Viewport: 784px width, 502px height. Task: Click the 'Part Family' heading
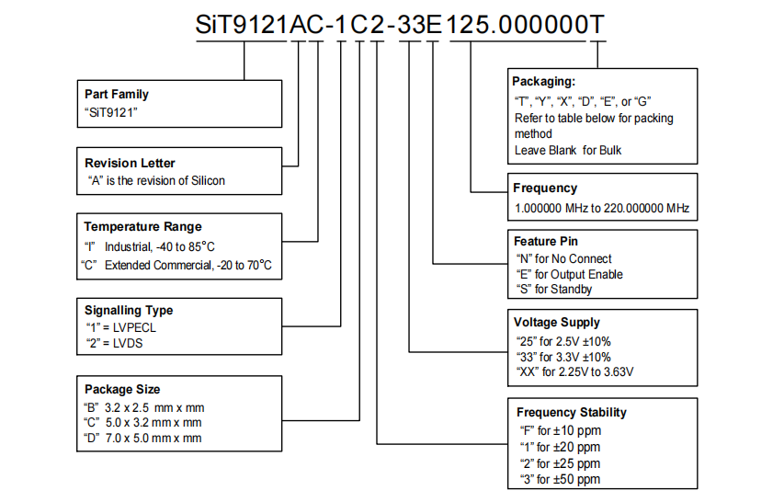(116, 94)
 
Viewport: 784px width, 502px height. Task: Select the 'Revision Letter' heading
(130, 164)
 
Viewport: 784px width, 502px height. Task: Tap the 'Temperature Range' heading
(142, 226)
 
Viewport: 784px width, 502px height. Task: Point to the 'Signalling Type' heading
(128, 310)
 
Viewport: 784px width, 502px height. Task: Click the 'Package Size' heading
(121, 389)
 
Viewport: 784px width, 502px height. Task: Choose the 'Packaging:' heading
(543, 81)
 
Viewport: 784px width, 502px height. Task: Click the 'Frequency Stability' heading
(571, 412)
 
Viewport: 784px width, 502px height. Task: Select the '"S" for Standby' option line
(554, 289)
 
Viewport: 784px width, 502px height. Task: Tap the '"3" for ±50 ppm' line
(560, 479)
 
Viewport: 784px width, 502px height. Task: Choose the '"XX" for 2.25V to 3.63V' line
(575, 371)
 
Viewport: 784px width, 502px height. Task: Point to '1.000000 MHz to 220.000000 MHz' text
(601, 208)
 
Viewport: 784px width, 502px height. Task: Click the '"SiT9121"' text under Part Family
(110, 111)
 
